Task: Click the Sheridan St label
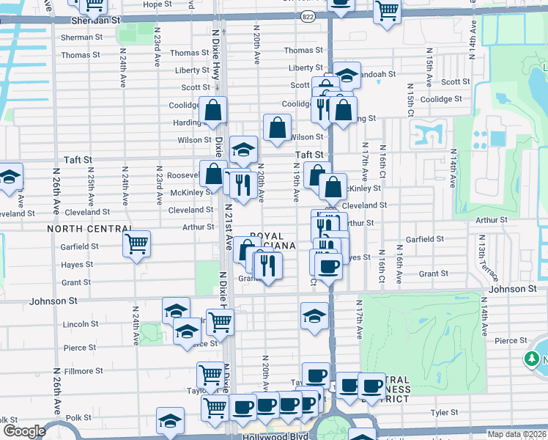point(96,21)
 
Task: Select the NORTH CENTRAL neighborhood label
point(88,229)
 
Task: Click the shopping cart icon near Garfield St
point(137,243)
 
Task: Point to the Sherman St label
point(78,37)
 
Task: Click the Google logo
point(23,431)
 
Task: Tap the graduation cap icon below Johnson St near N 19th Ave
point(314,317)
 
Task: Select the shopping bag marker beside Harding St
point(213,111)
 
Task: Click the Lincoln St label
point(81,324)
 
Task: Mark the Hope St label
point(158,4)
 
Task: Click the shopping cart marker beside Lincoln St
point(220,321)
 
